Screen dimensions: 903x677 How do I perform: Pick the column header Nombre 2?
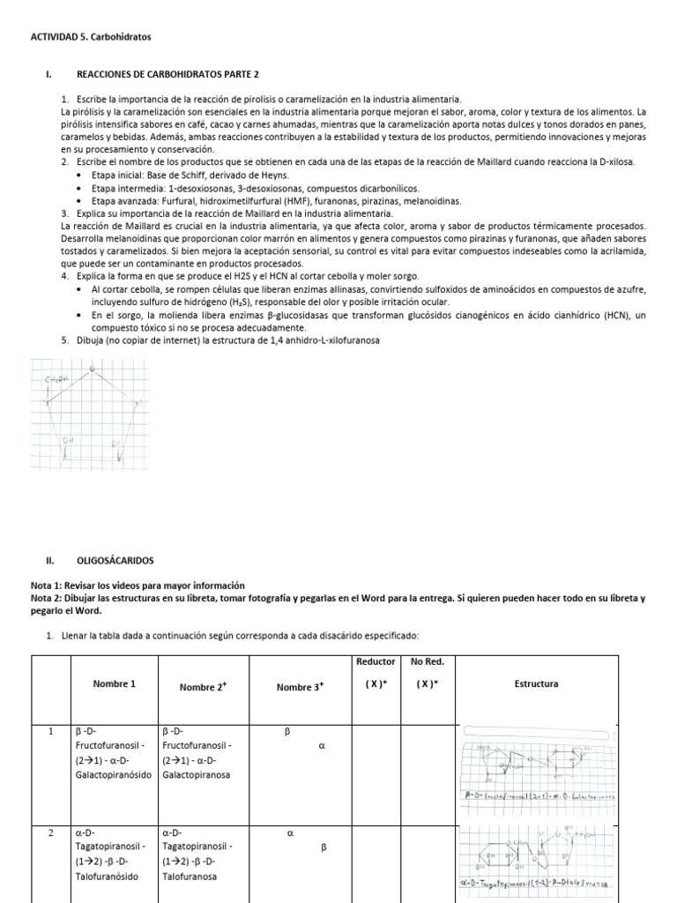205,686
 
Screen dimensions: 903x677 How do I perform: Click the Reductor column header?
376,660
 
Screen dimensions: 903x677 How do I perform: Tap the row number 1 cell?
50,731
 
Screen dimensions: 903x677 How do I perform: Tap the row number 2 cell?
50,831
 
